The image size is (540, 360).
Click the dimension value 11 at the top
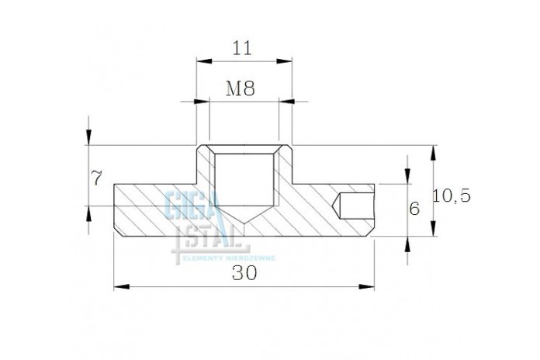point(242,48)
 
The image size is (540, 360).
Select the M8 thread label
point(241,88)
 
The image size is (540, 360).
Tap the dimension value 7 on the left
point(97,178)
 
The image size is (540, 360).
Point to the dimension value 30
point(244,273)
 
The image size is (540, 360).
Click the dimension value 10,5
point(452,196)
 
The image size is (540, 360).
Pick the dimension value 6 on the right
point(414,209)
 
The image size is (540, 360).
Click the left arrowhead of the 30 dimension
point(122,286)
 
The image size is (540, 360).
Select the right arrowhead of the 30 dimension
point(366,286)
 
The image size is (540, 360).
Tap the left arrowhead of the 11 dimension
point(204,61)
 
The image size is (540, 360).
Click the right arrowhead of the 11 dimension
point(284,61)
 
